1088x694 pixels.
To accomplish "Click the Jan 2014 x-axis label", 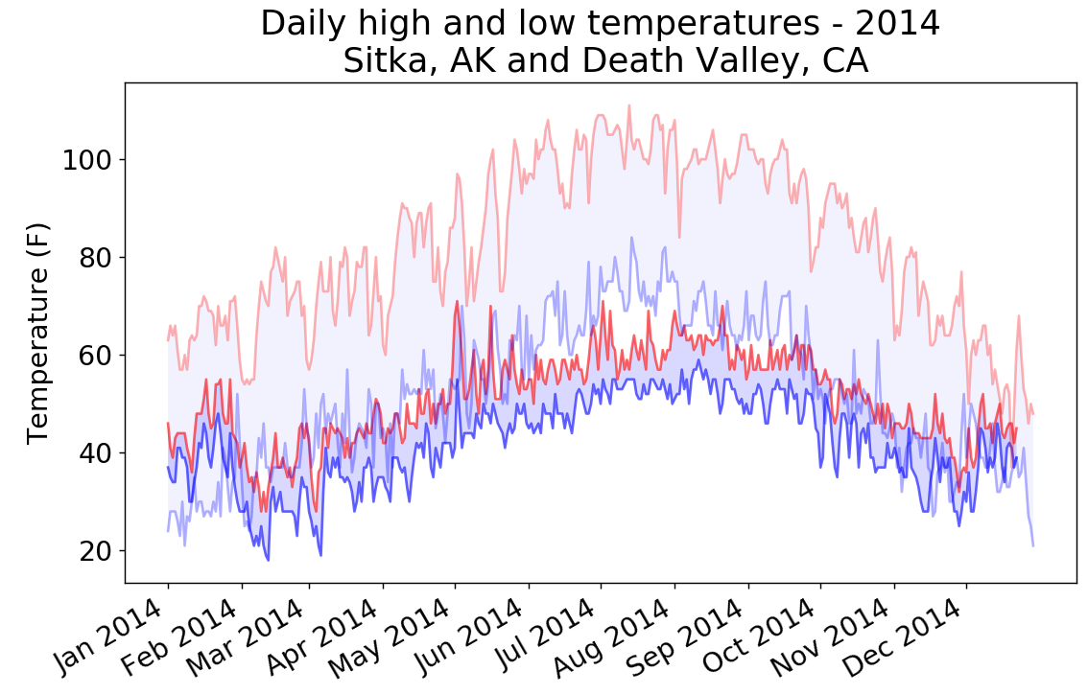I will pyautogui.click(x=111, y=636).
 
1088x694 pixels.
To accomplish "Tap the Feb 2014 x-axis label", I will pyautogui.click(x=185, y=636).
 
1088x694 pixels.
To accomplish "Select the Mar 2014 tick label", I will pyautogui.click(x=252, y=636).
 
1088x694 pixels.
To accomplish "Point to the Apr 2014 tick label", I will pyautogui.click(x=326, y=636).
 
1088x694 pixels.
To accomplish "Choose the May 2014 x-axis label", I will pyautogui.click(x=397, y=636).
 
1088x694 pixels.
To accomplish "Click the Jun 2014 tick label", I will pyautogui.click(x=471, y=636).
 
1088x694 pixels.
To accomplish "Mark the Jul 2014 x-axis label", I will pyautogui.click(x=545, y=636).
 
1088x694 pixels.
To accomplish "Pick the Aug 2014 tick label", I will pyautogui.click(x=617, y=636).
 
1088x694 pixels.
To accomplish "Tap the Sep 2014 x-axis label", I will pyautogui.click(x=692, y=636).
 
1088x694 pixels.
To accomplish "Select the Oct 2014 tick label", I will pyautogui.click(x=764, y=636).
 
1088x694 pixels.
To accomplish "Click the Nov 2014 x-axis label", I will pyautogui.click(x=837, y=636).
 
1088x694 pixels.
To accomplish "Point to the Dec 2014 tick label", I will pyautogui.click(x=909, y=636).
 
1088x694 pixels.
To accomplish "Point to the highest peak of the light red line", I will pyautogui.click(x=629, y=105).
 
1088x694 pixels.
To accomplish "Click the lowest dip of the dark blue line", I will pyautogui.click(x=268, y=560).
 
